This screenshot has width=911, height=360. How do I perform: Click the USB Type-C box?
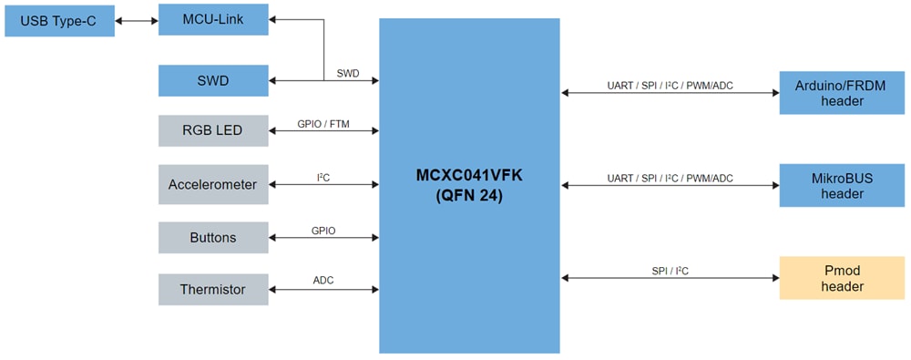pos(59,20)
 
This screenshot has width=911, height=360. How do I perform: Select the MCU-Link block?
pos(213,19)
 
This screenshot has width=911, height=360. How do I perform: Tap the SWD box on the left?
pos(213,80)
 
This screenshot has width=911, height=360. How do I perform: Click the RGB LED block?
pos(213,130)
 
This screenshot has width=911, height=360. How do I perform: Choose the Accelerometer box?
pos(213,184)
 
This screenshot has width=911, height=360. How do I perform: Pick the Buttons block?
pos(213,237)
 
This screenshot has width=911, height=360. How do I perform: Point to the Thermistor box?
pos(213,289)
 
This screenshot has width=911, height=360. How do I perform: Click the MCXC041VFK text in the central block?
pos(468,174)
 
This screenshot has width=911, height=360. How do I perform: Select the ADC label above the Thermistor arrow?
pos(322,280)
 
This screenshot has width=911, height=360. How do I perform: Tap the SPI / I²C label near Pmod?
pos(670,270)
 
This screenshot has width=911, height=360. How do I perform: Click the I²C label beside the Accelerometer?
pos(322,177)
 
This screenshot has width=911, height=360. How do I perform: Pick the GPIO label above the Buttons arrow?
pos(322,231)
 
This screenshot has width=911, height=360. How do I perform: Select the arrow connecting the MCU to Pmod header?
pos(670,278)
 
